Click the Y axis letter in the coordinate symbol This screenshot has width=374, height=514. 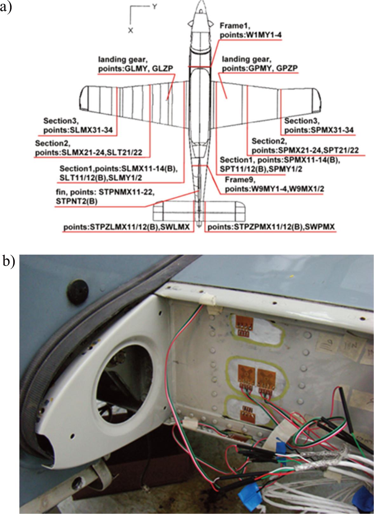[x=154, y=7]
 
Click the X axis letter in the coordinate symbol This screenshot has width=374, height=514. [x=130, y=30]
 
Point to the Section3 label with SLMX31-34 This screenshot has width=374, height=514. [x=80, y=126]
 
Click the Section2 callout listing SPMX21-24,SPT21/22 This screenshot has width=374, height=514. [x=305, y=145]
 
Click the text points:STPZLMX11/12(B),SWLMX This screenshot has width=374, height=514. [x=126, y=227]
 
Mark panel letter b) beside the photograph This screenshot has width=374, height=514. [x=9, y=261]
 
